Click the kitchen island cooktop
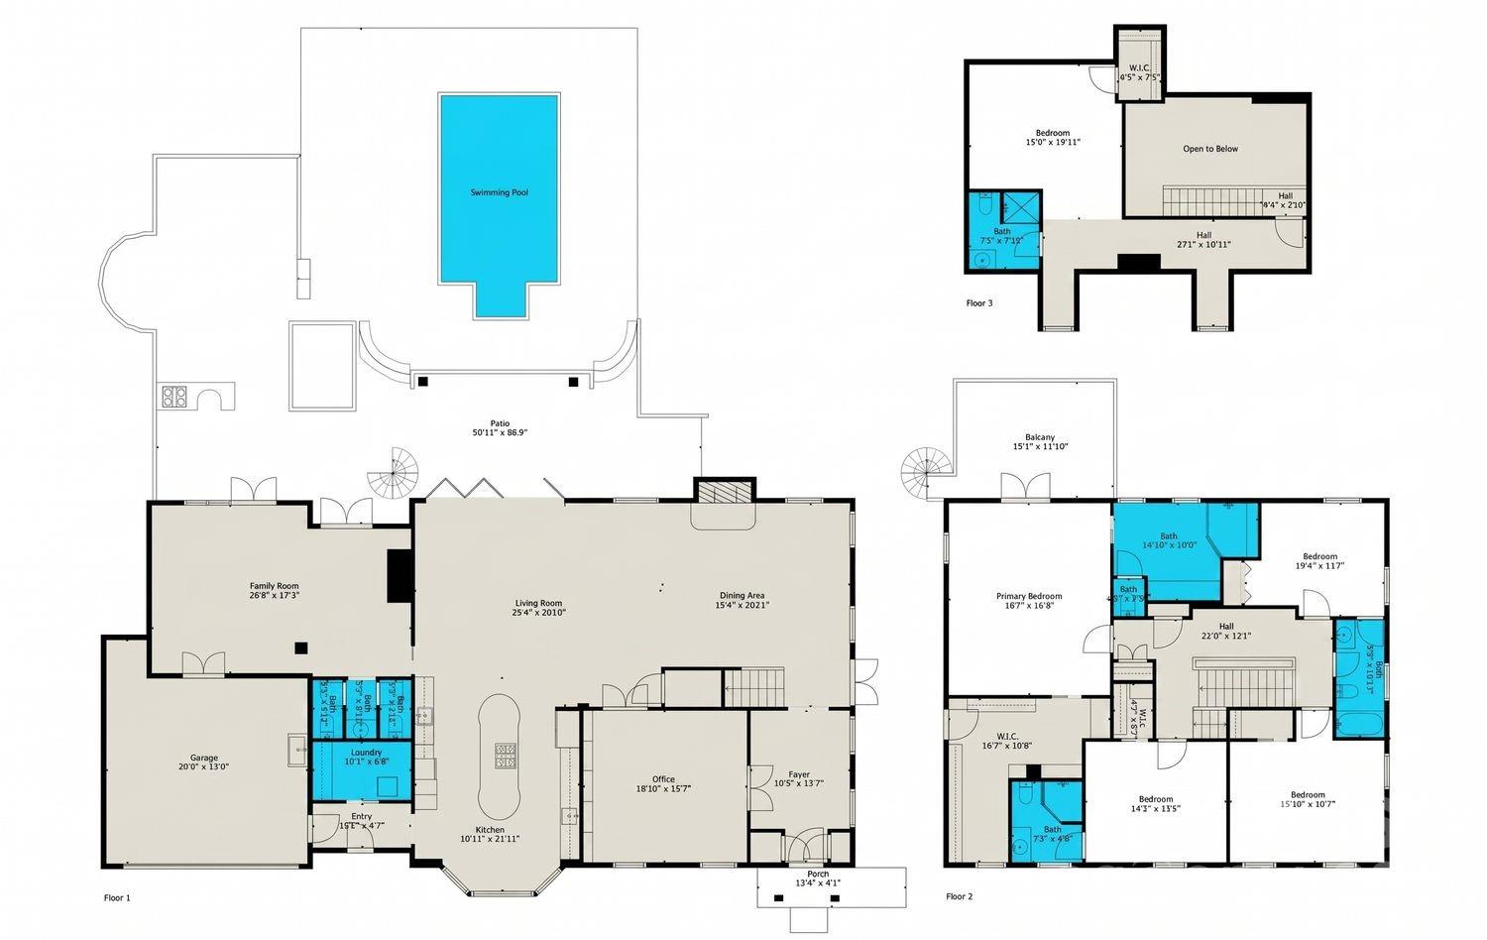tap(506, 756)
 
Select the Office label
tap(663, 783)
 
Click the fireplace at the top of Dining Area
tap(725, 493)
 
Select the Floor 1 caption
tap(117, 898)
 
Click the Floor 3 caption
tap(979, 303)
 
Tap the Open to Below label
tap(1210, 150)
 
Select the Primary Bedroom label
tap(1029, 601)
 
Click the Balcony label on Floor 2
tap(1040, 441)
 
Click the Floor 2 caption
tap(959, 897)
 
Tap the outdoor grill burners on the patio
tap(175, 397)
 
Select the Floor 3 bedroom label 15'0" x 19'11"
tap(1053, 138)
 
